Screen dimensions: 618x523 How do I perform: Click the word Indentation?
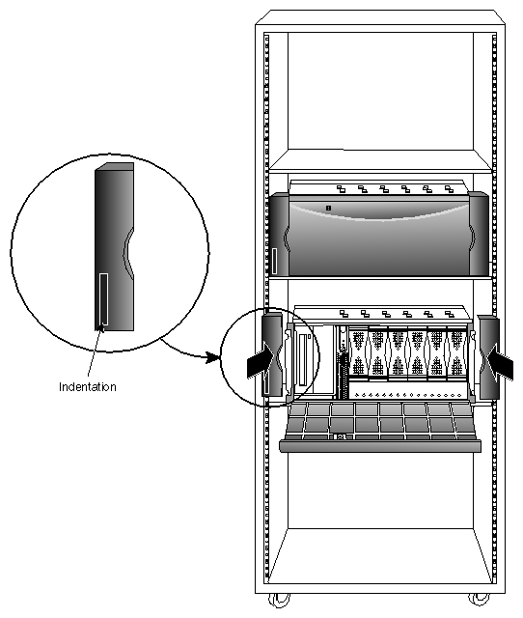pos(87,387)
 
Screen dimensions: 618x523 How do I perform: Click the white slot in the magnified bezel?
pos(101,298)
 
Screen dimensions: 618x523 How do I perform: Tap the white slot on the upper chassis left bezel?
pos(275,261)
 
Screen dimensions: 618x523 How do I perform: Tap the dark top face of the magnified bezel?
pos(113,168)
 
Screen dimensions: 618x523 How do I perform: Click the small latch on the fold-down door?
pos(341,437)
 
